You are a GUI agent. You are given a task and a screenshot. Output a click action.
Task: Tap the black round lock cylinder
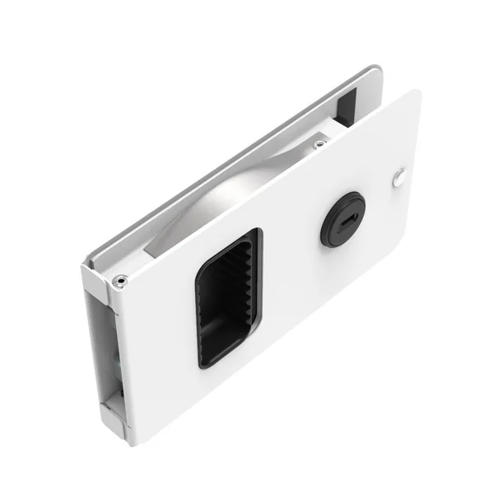coord(343,220)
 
